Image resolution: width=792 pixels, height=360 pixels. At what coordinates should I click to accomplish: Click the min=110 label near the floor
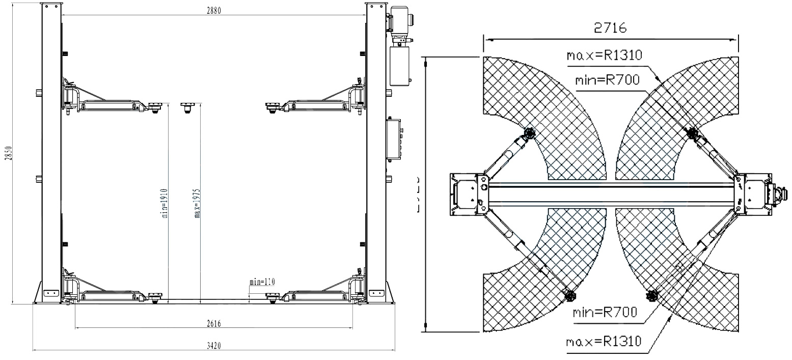point(262,281)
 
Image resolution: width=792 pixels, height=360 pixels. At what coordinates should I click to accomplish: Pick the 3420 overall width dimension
point(214,346)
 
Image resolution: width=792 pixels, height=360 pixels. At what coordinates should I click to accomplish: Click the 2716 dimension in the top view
point(610,28)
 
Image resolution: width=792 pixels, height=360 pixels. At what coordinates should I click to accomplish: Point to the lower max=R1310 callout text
point(604,340)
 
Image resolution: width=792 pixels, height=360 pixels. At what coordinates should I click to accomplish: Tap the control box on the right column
point(395,140)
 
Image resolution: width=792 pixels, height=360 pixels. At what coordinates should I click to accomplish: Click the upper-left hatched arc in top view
point(525,97)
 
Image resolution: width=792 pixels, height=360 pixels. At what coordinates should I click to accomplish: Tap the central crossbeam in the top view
point(611,194)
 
